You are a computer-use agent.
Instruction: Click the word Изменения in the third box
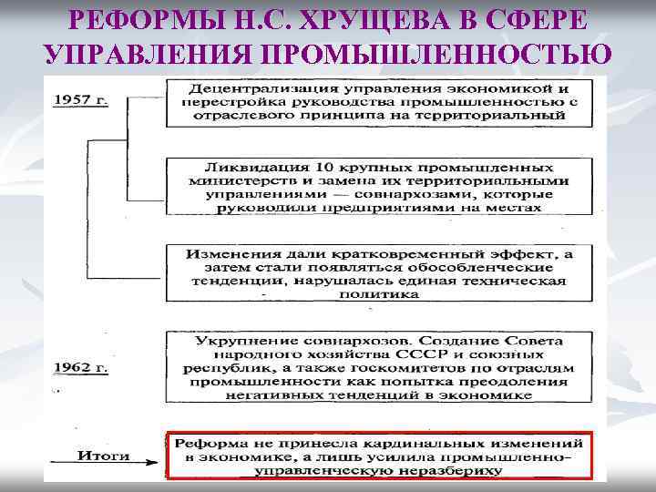click(227, 253)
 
